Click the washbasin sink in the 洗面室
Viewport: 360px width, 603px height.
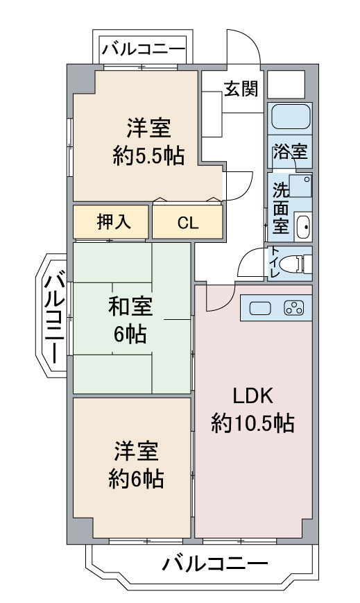302,226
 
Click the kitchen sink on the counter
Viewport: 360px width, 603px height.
259,309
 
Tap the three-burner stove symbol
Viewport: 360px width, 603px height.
294,309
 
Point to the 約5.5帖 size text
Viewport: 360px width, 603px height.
148,155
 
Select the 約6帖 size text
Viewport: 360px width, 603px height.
137,478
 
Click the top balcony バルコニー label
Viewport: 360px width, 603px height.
144,49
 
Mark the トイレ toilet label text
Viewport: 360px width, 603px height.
275,263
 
